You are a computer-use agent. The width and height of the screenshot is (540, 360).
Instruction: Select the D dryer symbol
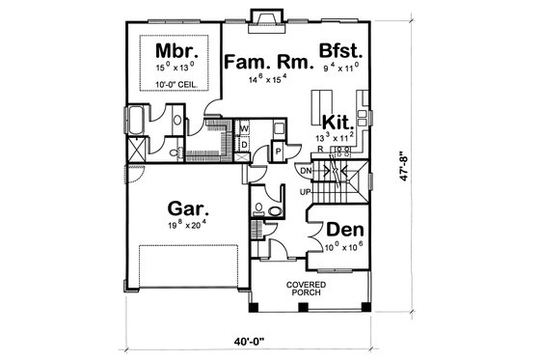click(244, 145)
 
